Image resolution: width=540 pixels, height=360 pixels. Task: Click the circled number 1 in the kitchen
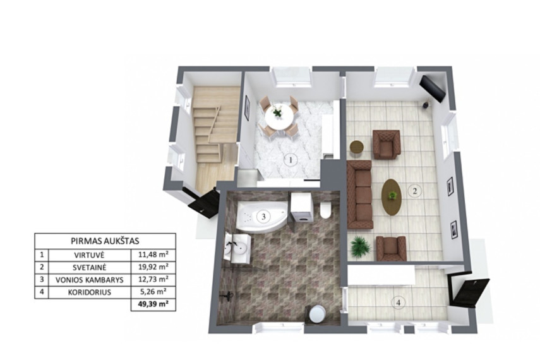[291, 160]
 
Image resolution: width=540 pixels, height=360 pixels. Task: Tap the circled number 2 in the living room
[415, 191]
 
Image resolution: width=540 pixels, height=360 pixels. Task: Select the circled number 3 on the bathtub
[263, 217]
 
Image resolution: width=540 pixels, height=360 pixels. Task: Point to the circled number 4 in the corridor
[399, 303]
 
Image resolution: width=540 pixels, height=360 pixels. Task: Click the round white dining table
[279, 116]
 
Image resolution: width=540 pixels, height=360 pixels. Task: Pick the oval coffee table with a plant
[392, 197]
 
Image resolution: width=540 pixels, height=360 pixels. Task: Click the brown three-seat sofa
[360, 195]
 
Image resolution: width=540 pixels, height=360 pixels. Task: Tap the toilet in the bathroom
[325, 210]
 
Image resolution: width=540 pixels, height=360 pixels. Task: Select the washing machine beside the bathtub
[302, 210]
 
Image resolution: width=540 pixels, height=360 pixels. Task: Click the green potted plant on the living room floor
[360, 247]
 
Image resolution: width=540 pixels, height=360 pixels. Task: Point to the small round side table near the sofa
[357, 147]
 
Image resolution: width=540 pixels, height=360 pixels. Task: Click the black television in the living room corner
[433, 88]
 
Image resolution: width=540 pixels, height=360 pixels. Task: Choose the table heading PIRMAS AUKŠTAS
[105, 241]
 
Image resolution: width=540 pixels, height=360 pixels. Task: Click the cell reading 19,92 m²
[153, 267]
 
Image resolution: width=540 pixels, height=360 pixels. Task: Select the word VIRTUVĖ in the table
[89, 255]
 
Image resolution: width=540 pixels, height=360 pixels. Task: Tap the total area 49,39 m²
[153, 304]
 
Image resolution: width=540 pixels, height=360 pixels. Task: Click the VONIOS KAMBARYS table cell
[90, 280]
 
